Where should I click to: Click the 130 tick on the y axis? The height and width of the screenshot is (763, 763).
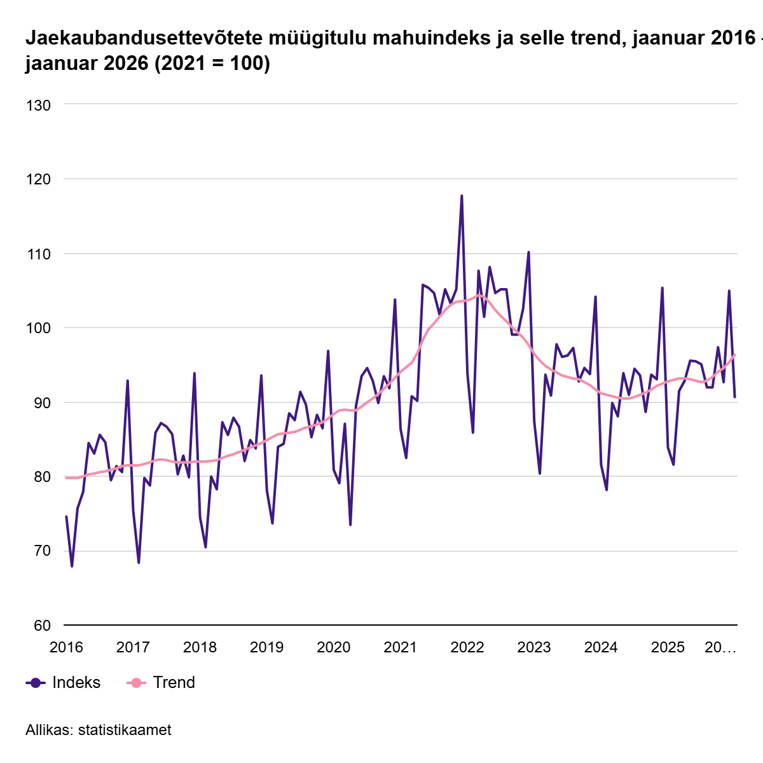[38, 104]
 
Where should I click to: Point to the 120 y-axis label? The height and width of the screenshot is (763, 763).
[38, 179]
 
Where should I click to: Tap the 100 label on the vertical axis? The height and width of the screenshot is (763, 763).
[38, 328]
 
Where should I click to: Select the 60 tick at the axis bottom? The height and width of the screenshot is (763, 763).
[41, 626]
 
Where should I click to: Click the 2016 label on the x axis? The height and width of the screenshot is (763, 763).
[66, 647]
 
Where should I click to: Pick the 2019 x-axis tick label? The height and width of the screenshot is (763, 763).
[266, 647]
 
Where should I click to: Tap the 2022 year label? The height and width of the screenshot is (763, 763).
[467, 647]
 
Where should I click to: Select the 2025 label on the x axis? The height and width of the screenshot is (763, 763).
[668, 647]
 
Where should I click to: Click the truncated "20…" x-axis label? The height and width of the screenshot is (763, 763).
[720, 647]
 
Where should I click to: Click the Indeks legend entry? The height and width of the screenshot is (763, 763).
[76, 682]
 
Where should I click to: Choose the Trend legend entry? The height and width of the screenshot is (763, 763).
[174, 682]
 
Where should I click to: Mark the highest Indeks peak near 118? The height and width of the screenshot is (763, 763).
[462, 196]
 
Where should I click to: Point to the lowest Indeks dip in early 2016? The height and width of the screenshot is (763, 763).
[72, 566]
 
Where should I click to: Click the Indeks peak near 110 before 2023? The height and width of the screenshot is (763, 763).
[528, 252]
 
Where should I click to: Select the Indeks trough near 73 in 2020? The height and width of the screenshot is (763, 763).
[350, 525]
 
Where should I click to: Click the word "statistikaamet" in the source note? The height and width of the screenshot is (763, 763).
[125, 730]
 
